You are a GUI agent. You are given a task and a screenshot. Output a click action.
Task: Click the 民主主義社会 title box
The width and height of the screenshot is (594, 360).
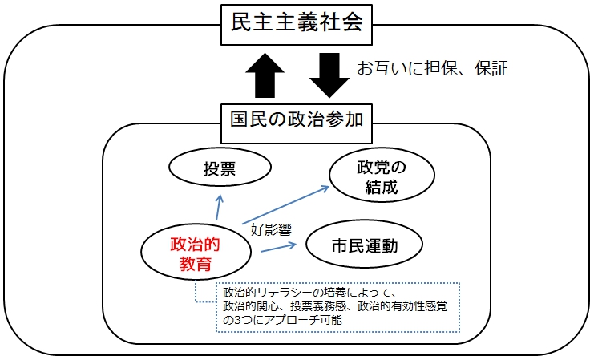pos(297,25)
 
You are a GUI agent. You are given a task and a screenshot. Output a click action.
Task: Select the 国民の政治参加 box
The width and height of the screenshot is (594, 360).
pos(297,123)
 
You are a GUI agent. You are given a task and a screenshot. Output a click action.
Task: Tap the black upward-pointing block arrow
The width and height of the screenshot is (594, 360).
pos(265,75)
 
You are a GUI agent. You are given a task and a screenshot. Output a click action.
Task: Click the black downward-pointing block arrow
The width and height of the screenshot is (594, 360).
pos(329,75)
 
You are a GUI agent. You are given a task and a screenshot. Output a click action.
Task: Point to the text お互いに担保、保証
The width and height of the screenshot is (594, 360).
pos(432,69)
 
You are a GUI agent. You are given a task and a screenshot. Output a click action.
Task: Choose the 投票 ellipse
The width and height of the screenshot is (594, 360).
pos(220,167)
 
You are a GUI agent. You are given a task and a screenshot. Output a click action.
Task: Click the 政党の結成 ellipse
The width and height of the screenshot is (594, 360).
pos(382,175)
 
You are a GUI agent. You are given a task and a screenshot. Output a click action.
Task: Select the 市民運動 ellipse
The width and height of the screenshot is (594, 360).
pos(364,244)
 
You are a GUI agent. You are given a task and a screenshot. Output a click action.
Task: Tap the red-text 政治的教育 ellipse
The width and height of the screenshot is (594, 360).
pos(196,253)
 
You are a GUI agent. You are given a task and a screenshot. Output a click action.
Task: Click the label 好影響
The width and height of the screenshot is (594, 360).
pos(271,229)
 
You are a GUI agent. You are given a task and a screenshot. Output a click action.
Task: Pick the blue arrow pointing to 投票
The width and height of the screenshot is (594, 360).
pos(219,208)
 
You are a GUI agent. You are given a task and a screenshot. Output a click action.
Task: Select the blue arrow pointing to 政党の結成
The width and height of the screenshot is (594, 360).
pos(286,204)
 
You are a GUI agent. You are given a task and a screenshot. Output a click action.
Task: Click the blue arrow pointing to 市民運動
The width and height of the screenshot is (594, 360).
pos(278,248)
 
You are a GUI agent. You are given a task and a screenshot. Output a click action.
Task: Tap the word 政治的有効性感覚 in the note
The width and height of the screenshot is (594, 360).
pos(402,306)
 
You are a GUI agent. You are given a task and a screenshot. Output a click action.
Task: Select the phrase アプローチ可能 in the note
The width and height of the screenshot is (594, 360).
pos(303,320)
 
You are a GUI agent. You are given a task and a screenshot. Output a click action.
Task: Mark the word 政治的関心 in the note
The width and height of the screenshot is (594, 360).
pos(250,306)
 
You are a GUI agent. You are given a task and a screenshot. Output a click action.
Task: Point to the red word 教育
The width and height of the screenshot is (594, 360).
pos(195,264)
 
